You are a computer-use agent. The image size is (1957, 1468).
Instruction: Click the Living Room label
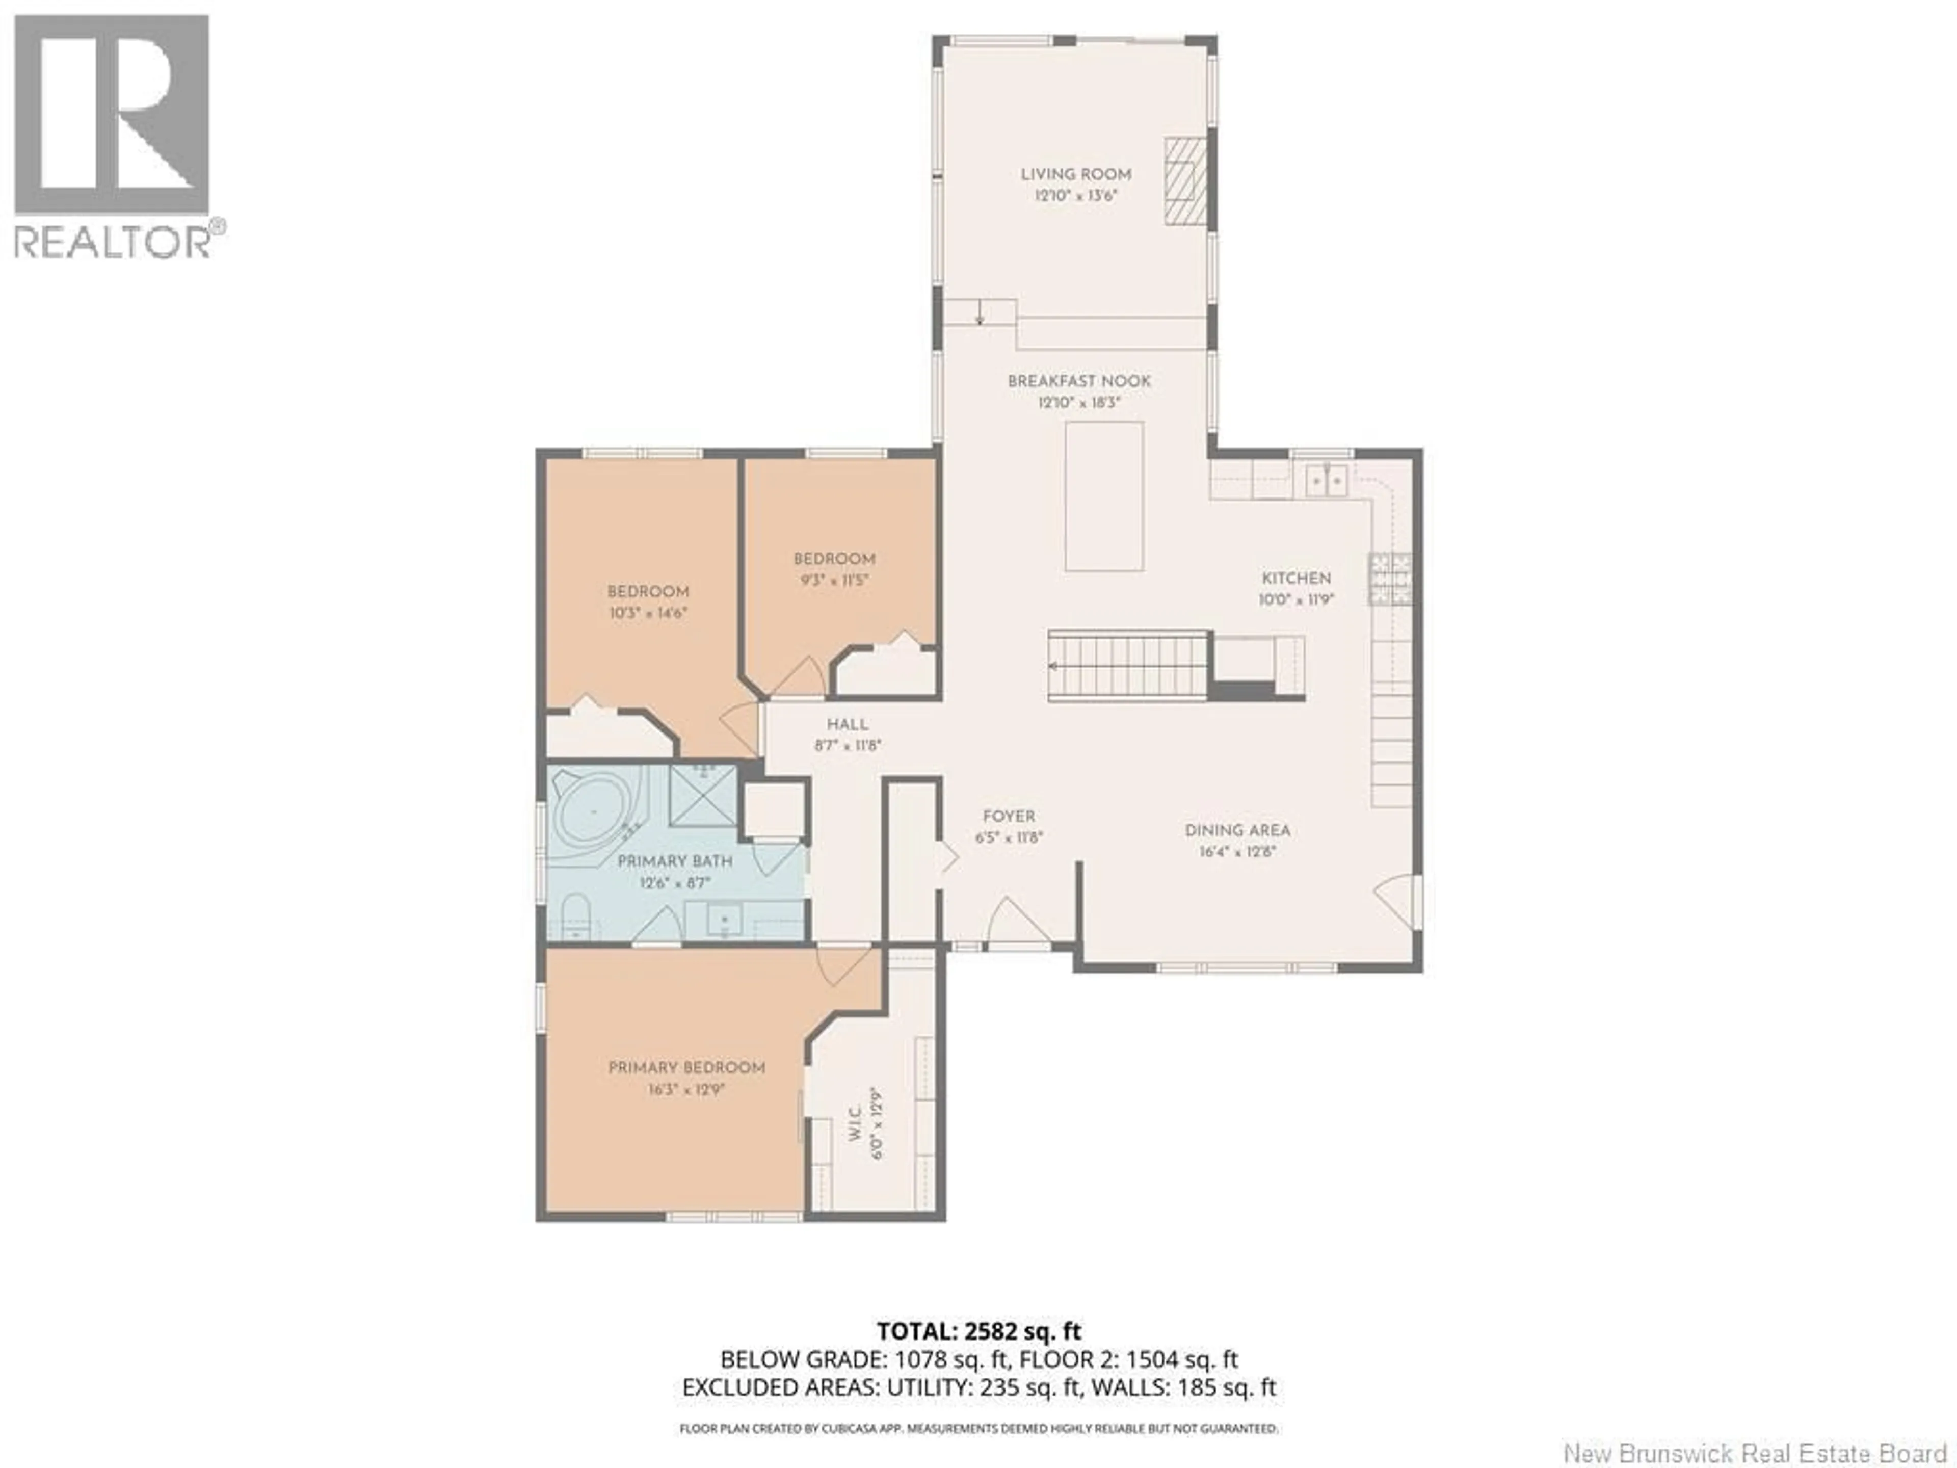point(1076,174)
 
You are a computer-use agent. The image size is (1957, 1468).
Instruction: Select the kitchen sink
point(1326,481)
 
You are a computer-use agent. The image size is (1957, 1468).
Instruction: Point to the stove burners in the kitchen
point(1391,579)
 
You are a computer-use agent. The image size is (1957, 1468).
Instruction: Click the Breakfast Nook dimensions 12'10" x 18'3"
point(1078,403)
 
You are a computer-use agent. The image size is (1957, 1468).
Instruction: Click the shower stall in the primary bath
point(702,796)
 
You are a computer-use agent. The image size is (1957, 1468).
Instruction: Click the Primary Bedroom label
point(686,1068)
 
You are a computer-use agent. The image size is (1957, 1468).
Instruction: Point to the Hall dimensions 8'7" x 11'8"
point(848,746)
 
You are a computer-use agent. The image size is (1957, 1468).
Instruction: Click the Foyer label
point(1009,817)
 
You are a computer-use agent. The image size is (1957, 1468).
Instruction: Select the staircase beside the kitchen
point(1128,665)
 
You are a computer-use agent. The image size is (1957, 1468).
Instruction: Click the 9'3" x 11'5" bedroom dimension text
point(833,581)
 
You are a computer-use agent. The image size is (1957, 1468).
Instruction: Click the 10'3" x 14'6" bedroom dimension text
point(648,612)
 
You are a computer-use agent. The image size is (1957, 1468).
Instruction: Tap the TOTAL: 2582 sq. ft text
point(978,1356)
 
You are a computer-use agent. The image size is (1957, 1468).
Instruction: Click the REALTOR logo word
point(112,241)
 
